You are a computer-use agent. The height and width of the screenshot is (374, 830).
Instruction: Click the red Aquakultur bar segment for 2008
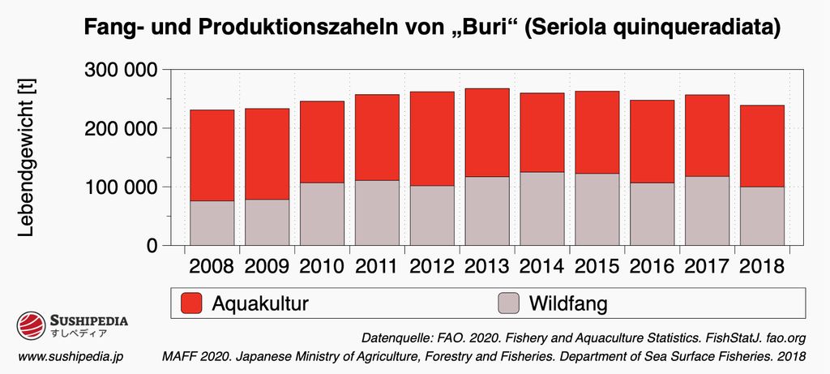tap(212, 155)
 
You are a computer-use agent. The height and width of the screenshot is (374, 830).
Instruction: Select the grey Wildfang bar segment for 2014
tap(541, 208)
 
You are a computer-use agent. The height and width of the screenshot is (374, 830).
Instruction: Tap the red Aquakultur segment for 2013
tap(486, 132)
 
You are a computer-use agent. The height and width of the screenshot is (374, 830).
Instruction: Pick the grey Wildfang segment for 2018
tap(762, 216)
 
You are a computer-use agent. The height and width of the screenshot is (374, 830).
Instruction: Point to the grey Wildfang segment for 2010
tap(322, 213)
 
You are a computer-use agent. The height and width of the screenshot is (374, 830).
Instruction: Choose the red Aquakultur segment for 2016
tap(652, 141)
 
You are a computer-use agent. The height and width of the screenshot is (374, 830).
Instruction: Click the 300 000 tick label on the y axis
tap(121, 70)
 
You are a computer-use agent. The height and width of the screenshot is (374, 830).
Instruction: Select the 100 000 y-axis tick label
tap(121, 187)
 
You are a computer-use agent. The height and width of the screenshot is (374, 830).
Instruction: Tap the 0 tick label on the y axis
tap(152, 245)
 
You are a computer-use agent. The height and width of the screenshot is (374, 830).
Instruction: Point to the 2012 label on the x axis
tap(432, 266)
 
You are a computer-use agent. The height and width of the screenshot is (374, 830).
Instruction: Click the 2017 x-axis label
tap(707, 266)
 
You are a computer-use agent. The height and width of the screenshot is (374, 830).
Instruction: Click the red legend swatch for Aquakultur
tap(190, 303)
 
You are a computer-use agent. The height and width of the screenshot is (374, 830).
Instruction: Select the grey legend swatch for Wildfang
tap(507, 303)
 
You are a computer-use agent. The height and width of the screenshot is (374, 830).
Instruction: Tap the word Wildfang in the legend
tap(568, 304)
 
